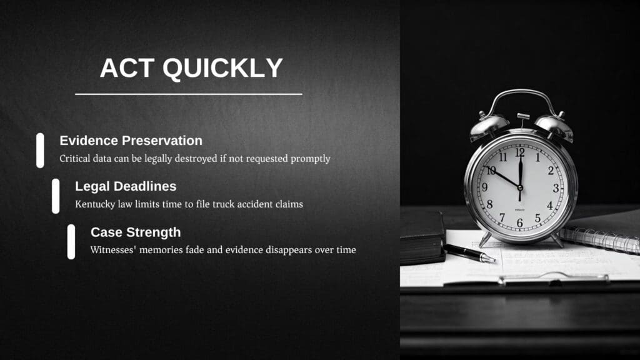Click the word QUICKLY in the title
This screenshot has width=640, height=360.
coord(223,67)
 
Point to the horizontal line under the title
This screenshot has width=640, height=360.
coord(189,94)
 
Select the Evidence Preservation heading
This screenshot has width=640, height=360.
coord(131,141)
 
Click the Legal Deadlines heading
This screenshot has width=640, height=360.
coord(126,186)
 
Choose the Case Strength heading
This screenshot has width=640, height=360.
coord(136,232)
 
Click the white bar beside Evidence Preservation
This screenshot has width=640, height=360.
coord(40,150)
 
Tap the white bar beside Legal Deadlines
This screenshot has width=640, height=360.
coord(56,196)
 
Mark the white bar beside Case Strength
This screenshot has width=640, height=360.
coord(71,242)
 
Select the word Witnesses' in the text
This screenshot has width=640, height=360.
coord(112,249)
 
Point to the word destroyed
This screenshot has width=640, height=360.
coord(196,158)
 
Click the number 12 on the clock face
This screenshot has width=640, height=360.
coord(519,153)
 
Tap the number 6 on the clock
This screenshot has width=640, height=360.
coord(519,223)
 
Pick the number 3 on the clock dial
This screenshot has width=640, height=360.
coord(556,188)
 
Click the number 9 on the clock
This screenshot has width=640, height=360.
coord(484,187)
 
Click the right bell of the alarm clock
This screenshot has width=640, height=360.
coord(554,126)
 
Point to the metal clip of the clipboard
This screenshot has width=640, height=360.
coord(553,279)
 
